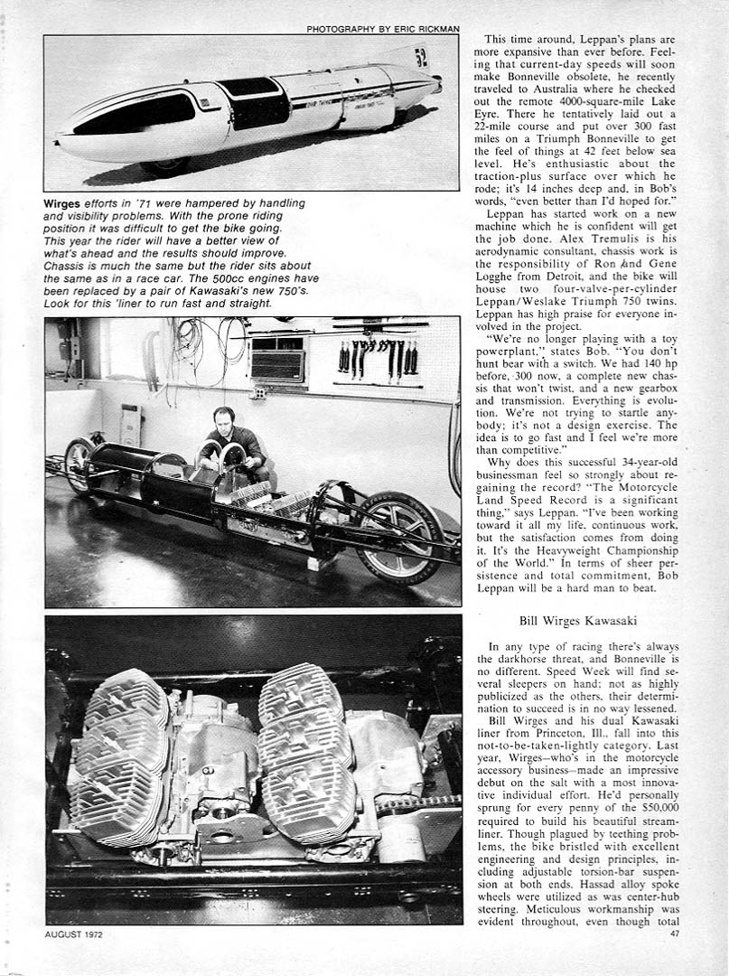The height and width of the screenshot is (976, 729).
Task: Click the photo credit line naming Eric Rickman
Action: pyautogui.click(x=382, y=29)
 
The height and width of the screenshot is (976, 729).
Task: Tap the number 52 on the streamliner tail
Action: pyautogui.click(x=420, y=57)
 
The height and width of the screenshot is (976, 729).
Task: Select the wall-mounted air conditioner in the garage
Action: pyautogui.click(x=276, y=361)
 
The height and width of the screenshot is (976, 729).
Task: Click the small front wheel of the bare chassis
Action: pyautogui.click(x=79, y=464)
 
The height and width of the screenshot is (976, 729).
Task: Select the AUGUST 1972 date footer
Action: pyautogui.click(x=73, y=934)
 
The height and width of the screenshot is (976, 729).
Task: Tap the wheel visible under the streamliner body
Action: pyautogui.click(x=163, y=166)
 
